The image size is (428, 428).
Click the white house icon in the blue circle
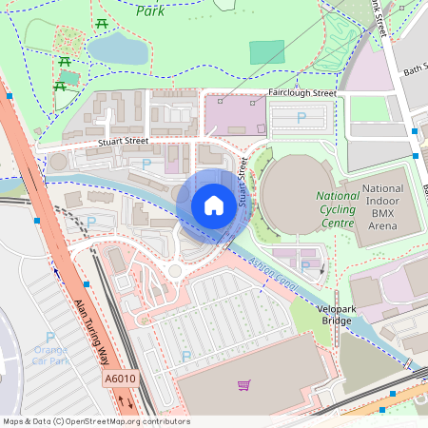214,204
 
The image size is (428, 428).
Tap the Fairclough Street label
302,93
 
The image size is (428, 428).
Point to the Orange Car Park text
49,355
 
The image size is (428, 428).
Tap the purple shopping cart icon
244,385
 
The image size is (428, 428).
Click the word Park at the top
149,11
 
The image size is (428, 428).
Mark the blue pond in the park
117,45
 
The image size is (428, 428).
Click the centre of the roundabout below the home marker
175,271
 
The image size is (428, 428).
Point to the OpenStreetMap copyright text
96,421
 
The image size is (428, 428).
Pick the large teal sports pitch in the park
266,52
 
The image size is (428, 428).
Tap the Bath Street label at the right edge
415,70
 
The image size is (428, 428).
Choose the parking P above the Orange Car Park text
50,337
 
